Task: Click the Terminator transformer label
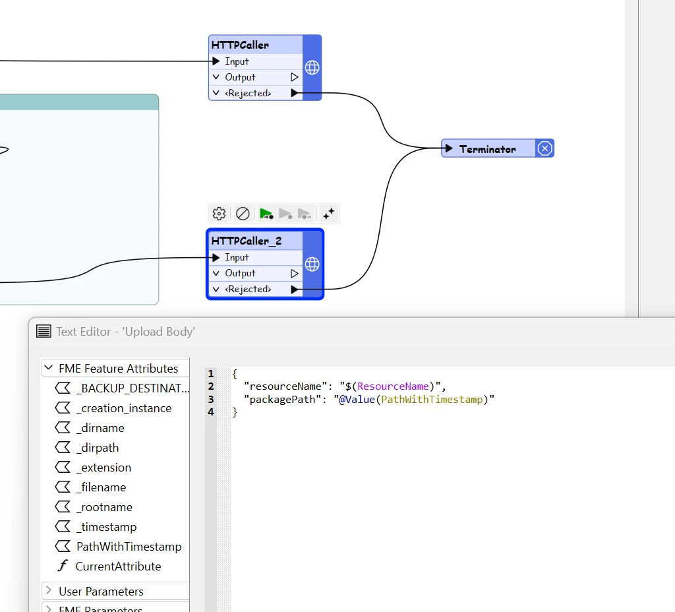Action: tap(487, 149)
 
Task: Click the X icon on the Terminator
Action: tap(544, 148)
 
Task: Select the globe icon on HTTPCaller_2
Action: tap(312, 264)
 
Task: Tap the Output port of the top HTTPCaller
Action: tap(240, 77)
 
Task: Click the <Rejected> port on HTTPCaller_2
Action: tap(248, 289)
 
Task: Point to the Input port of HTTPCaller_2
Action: tap(237, 257)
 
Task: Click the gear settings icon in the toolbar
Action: tap(219, 214)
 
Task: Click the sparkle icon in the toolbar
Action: tap(328, 214)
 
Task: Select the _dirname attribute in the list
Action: tap(100, 428)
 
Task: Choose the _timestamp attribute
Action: tap(106, 527)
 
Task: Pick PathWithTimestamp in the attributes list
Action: tap(129, 547)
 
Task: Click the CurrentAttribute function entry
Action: tap(118, 566)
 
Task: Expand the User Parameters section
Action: tap(101, 592)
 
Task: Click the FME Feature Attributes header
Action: tap(118, 369)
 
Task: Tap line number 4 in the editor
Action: tap(211, 412)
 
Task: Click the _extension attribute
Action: tap(103, 468)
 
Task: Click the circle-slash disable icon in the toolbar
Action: tap(243, 214)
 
